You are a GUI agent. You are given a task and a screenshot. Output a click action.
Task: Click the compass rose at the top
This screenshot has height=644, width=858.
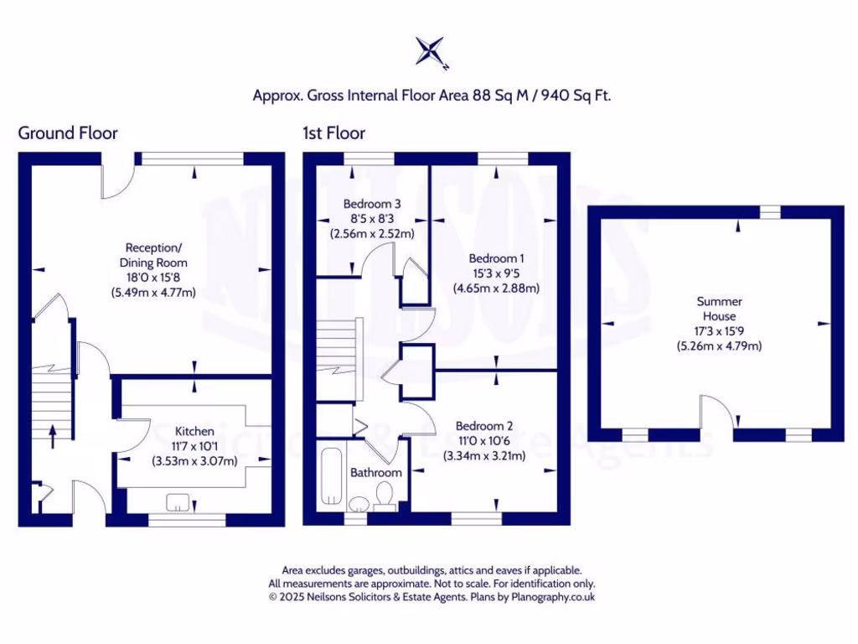(432, 51)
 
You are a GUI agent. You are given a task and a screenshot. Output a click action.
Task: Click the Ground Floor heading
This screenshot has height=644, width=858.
(68, 132)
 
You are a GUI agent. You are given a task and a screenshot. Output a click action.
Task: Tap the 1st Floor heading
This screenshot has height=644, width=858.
(334, 132)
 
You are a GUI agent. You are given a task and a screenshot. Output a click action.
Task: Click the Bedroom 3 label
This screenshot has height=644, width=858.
(372, 204)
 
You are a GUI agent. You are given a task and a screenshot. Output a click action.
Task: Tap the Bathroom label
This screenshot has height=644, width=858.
(375, 472)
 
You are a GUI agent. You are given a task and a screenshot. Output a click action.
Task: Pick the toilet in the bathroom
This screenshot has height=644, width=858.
(386, 496)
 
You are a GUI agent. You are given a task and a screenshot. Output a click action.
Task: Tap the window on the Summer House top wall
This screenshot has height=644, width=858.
(769, 211)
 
